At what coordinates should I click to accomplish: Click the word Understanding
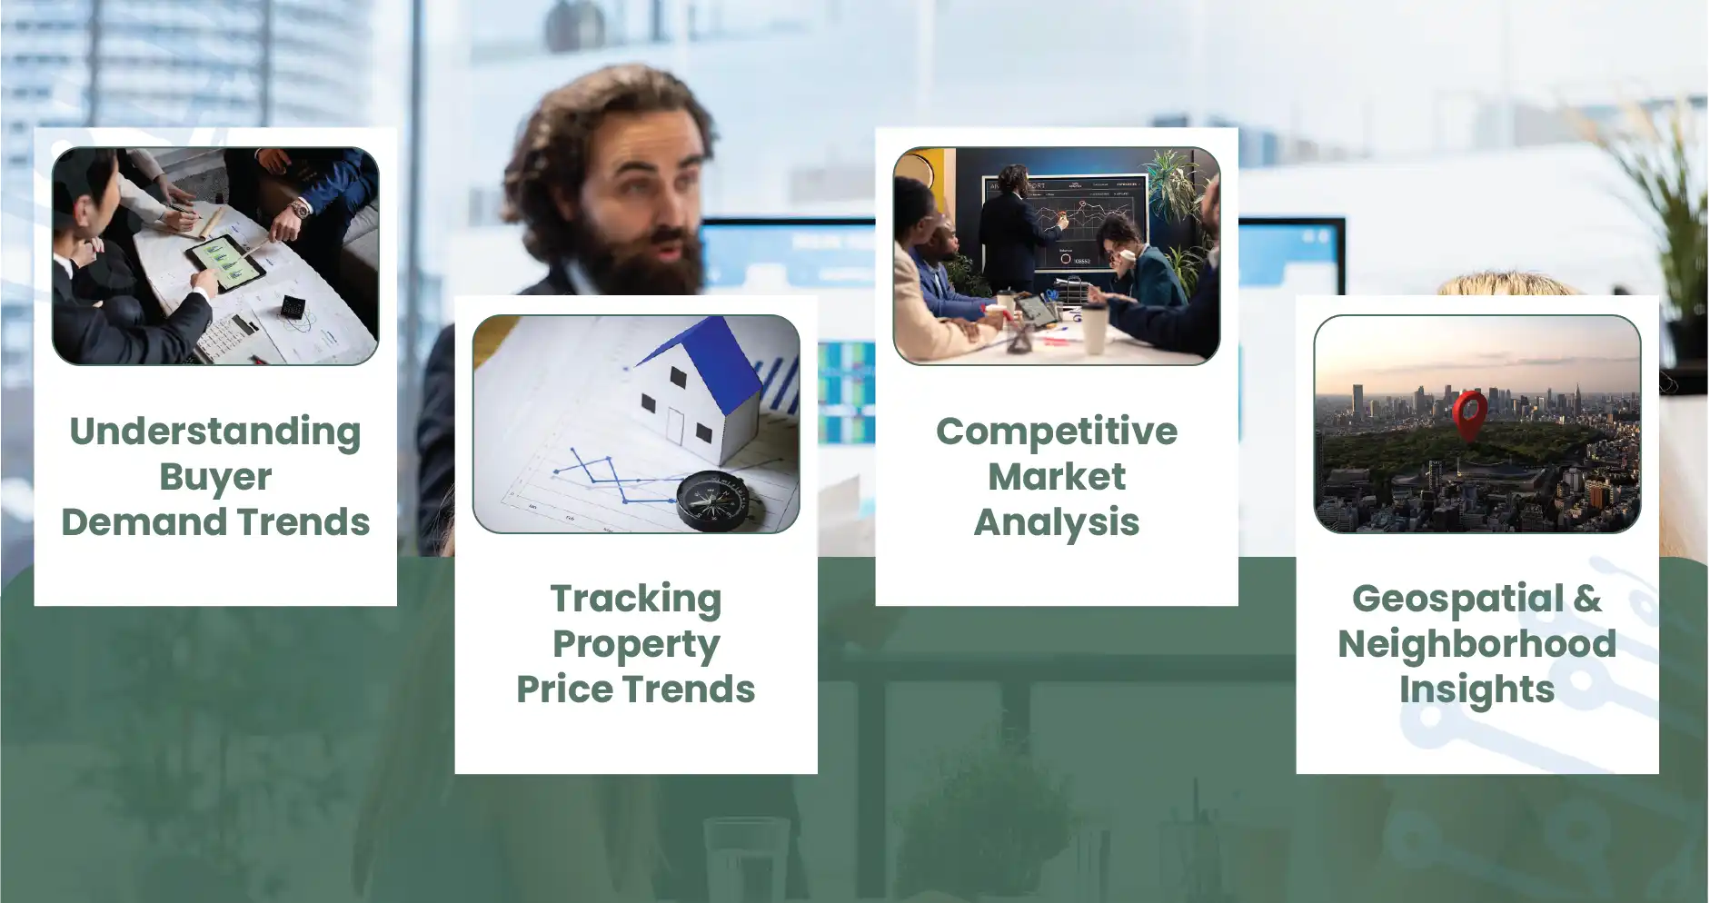[215, 432]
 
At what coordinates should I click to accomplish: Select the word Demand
[144, 522]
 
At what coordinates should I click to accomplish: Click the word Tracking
[636, 600]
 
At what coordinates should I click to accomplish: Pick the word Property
[636, 646]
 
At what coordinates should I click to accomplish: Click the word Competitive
[1057, 432]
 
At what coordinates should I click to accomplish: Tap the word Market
[1057, 477]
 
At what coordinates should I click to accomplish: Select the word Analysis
[1057, 523]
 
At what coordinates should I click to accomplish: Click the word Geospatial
[1458, 600]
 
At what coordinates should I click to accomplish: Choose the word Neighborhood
[1477, 644]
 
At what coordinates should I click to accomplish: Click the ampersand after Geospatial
[1587, 599]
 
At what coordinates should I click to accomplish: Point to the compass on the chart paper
[713, 501]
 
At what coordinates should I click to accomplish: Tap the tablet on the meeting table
[226, 263]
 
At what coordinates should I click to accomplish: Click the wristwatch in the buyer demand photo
[300, 209]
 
